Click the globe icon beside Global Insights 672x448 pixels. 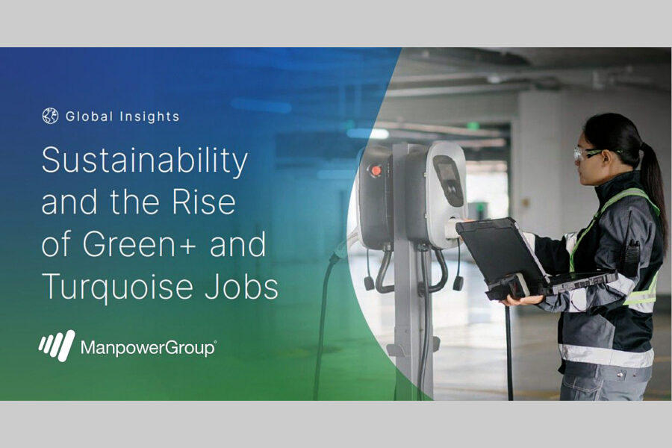(x=50, y=116)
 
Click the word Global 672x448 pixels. (x=89, y=116)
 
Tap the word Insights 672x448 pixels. (x=149, y=116)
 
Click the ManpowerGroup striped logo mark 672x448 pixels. (x=57, y=346)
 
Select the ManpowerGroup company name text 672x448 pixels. (x=149, y=348)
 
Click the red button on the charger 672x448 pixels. (x=376, y=170)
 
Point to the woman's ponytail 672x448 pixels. (x=653, y=179)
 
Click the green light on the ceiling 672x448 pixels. (x=473, y=126)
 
